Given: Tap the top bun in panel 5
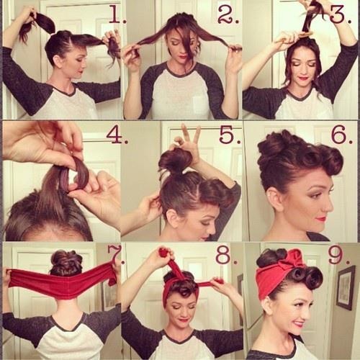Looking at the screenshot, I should click(175, 160).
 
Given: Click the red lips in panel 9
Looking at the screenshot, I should click(298, 323).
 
